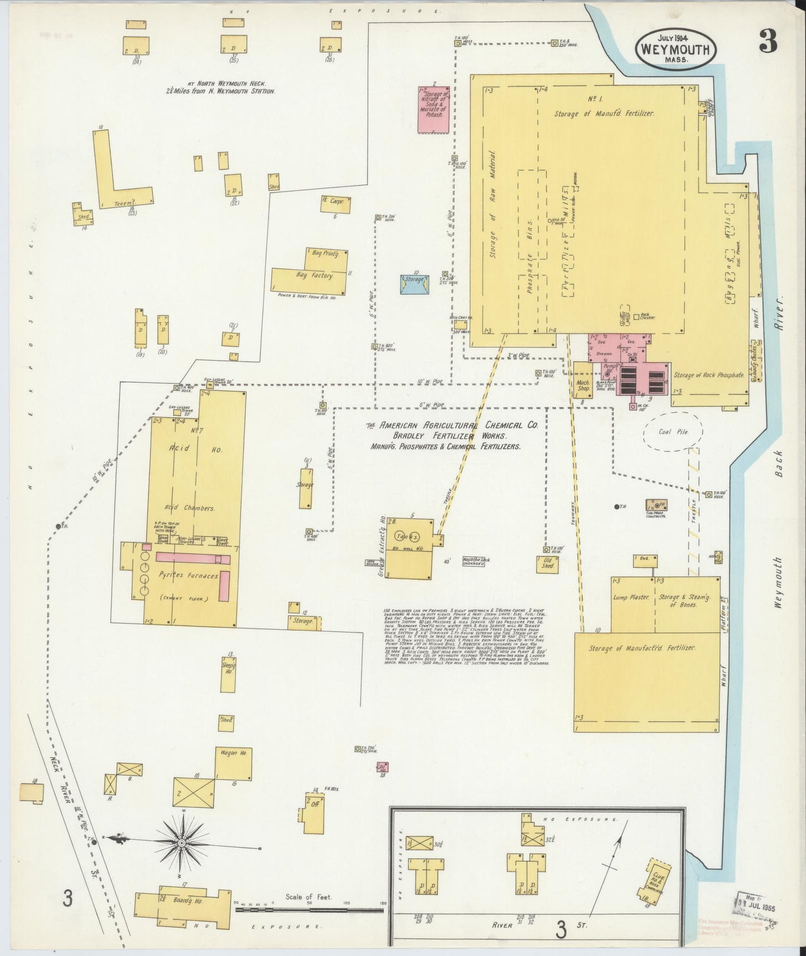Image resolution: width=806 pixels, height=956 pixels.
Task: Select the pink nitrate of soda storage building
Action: [x=434, y=110]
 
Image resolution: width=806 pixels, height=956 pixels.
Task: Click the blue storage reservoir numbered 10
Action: [x=414, y=284]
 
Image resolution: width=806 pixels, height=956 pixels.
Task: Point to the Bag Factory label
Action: [x=315, y=276]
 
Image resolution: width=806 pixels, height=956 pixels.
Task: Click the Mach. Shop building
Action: [x=583, y=380]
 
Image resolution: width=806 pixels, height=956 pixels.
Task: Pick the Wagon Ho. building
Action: [x=233, y=764]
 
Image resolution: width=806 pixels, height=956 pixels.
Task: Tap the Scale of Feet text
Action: [x=308, y=897]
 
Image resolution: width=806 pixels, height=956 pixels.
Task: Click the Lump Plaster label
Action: [x=631, y=597]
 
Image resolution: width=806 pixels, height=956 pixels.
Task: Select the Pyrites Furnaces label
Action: [x=189, y=576]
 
